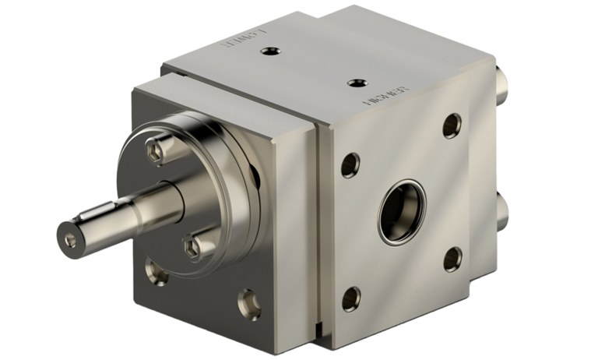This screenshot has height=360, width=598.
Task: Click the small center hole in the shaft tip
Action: [71, 231]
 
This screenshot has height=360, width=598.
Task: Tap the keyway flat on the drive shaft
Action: [109, 210]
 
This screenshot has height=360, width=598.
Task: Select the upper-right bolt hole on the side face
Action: [451, 125]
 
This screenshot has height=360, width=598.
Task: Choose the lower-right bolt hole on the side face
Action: [451, 256]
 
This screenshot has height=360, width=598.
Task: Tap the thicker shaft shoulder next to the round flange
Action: [160, 195]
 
